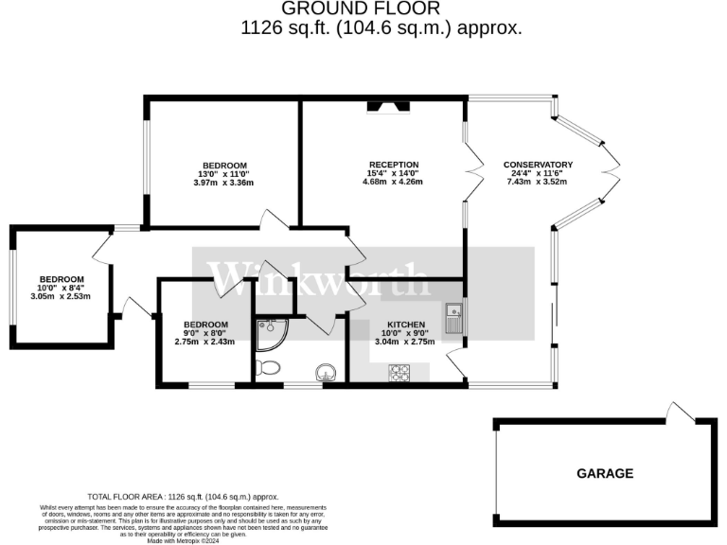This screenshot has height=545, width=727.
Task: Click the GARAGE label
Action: (605, 473)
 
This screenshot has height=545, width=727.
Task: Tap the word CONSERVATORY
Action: (538, 164)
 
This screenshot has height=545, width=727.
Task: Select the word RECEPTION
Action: (393, 164)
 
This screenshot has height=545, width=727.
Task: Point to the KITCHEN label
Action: (405, 325)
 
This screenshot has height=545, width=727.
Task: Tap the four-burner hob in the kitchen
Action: (398, 372)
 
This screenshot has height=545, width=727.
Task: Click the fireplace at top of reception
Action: (390, 107)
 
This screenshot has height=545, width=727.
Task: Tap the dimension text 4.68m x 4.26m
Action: (393, 182)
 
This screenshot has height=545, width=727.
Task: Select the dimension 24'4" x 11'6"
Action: (538, 173)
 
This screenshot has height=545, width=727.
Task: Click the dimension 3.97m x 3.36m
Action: (223, 183)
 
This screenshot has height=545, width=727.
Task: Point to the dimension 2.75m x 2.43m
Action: (204, 342)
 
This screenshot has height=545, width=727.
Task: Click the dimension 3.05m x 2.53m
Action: (62, 296)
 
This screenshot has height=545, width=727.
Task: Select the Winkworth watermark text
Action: (319, 277)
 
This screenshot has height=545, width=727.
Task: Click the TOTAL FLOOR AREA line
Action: (183, 496)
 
